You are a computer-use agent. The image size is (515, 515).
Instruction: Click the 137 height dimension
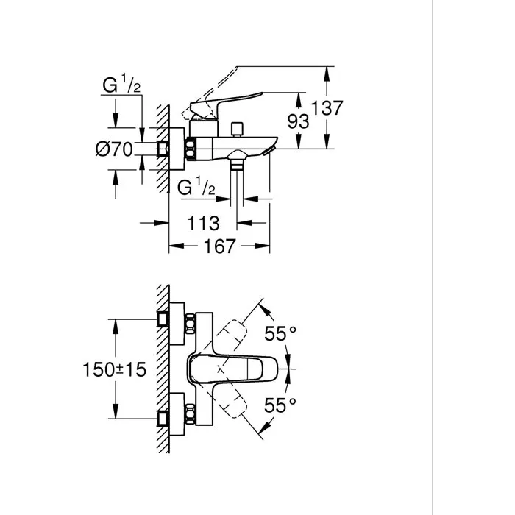click(327, 108)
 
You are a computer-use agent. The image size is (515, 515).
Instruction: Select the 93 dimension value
click(297, 121)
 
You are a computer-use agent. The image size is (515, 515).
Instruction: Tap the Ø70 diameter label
click(114, 149)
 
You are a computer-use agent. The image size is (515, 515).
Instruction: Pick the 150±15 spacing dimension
click(113, 369)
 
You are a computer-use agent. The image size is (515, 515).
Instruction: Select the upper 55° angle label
click(280, 334)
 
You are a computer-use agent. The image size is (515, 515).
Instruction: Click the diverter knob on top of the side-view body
click(237, 129)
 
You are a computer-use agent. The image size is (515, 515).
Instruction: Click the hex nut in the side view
click(193, 149)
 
